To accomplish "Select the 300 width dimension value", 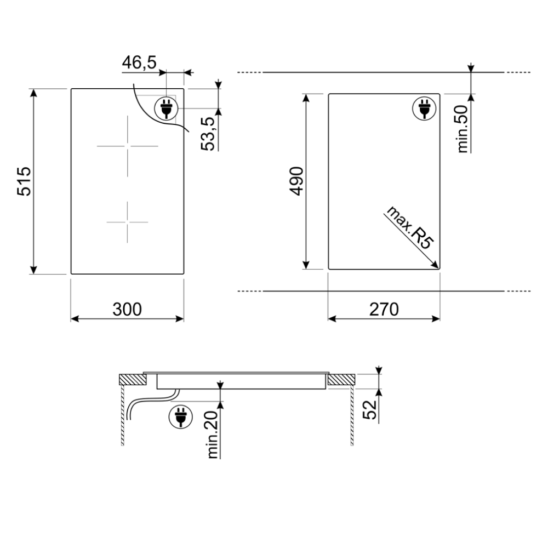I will point(127,310).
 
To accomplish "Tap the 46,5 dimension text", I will point(139,62).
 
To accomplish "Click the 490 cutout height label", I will point(296,180).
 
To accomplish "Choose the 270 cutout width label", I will point(384,310).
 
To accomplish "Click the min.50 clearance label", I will point(462,128).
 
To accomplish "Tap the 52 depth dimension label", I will point(372,409).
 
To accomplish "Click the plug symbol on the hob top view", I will point(166,108).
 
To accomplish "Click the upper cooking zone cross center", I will point(127,146).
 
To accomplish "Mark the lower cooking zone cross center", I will point(127,222).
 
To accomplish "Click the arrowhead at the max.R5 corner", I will point(436,266).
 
